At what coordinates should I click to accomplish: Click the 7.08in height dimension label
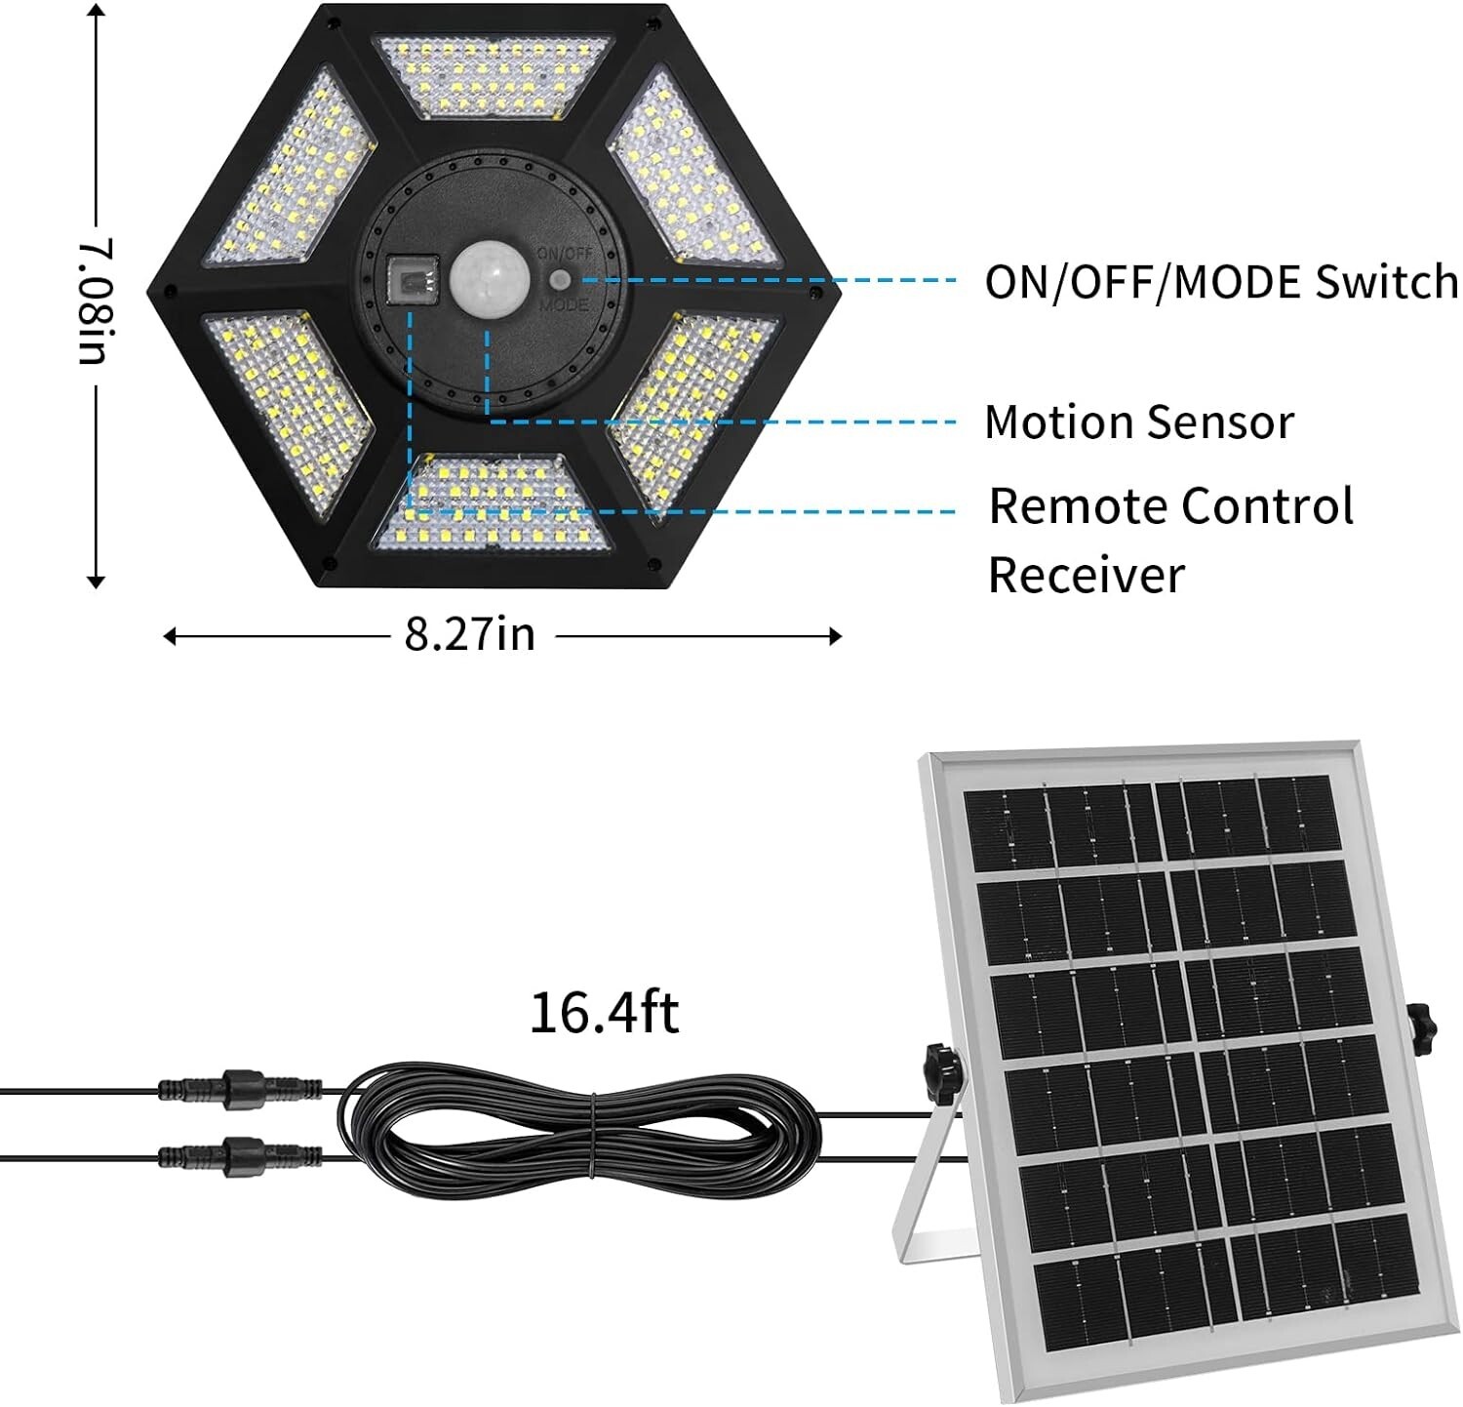coord(96,301)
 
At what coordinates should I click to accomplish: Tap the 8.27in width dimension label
coord(470,635)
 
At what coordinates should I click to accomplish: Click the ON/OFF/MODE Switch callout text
coord(1221,282)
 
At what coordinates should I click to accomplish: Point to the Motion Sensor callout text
coord(1139,422)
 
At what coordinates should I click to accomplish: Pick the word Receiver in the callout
coord(1086,575)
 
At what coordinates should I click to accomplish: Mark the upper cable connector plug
coord(241,1085)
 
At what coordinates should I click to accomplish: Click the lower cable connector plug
coord(241,1156)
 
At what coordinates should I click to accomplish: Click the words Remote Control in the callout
coord(1170,506)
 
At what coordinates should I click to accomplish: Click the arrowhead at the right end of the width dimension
coord(835,636)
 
